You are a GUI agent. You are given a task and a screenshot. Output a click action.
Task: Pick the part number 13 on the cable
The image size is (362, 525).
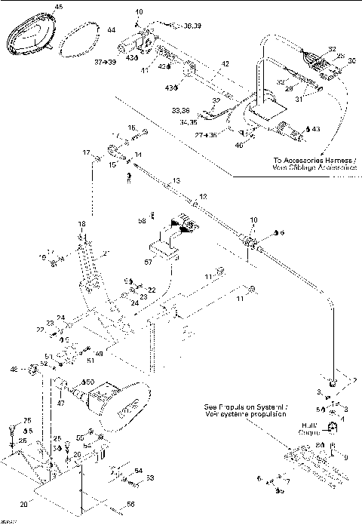(176, 182)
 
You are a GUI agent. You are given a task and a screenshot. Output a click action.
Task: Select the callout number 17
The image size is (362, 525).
(86, 152)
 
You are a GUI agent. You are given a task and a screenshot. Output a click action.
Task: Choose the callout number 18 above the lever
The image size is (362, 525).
(81, 225)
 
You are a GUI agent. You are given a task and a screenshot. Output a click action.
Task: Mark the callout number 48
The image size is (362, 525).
(34, 369)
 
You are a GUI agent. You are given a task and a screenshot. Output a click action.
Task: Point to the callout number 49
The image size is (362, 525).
(99, 352)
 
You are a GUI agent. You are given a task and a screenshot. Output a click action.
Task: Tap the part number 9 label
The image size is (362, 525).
(347, 456)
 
